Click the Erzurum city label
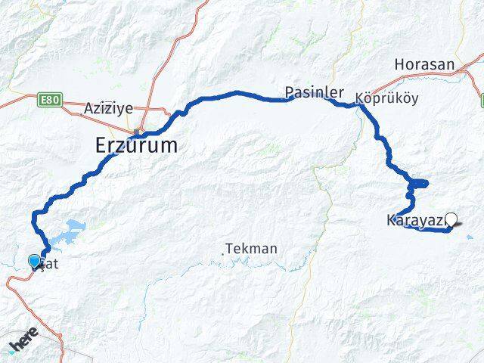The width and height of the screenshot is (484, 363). pos(137,146)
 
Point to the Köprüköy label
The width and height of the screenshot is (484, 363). pos(386,98)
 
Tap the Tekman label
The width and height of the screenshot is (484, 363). pos(253,248)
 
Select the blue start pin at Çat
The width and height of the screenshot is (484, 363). pos(34,262)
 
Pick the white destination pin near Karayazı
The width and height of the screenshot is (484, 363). pos(451,220)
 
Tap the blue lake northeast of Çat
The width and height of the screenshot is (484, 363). pos(75,226)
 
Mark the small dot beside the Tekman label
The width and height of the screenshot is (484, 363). pos(224,253)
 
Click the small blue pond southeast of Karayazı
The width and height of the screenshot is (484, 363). pos(470,237)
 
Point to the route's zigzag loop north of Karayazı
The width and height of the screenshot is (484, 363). pos(418,183)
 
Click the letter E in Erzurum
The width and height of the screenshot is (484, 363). pos(103,146)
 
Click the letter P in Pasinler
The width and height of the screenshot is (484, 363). pos(290,92)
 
